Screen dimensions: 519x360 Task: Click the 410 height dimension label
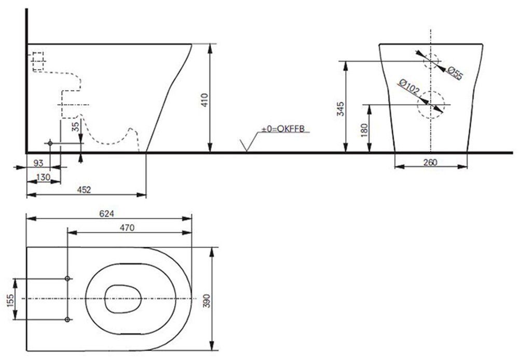pos(204,100)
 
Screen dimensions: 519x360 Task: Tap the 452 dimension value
pos(84,190)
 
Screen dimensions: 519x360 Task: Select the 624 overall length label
pos(106,214)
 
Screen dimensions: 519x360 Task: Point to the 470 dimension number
pos(127,228)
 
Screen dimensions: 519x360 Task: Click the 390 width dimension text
pos(207,301)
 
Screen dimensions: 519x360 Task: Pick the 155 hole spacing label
pos(10,301)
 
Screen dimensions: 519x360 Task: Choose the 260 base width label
pos(430,162)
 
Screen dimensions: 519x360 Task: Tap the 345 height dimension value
pos(340,109)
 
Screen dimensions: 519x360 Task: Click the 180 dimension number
pos(364,130)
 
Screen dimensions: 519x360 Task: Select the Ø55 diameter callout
pos(455,73)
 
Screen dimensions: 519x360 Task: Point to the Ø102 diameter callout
pos(409,86)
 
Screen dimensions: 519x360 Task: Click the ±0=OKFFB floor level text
pos(283,129)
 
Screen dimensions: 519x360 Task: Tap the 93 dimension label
pos(38,163)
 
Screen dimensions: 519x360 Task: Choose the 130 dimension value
pos(44,177)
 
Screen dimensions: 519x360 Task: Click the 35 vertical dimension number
pos(76,127)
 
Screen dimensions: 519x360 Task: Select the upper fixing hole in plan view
pos(67,278)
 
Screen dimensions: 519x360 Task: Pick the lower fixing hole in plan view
pos(67,319)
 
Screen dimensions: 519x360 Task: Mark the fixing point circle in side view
pos(50,143)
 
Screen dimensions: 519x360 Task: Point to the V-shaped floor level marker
pos(247,146)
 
